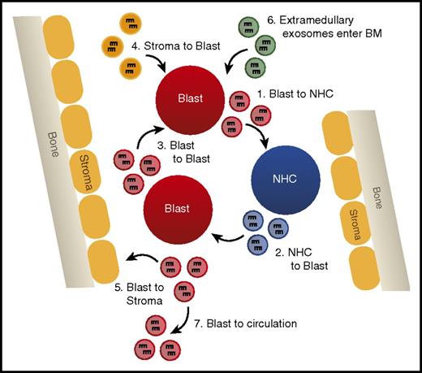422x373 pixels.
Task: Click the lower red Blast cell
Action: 177,209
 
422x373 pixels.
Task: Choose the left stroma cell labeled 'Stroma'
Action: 83,161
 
